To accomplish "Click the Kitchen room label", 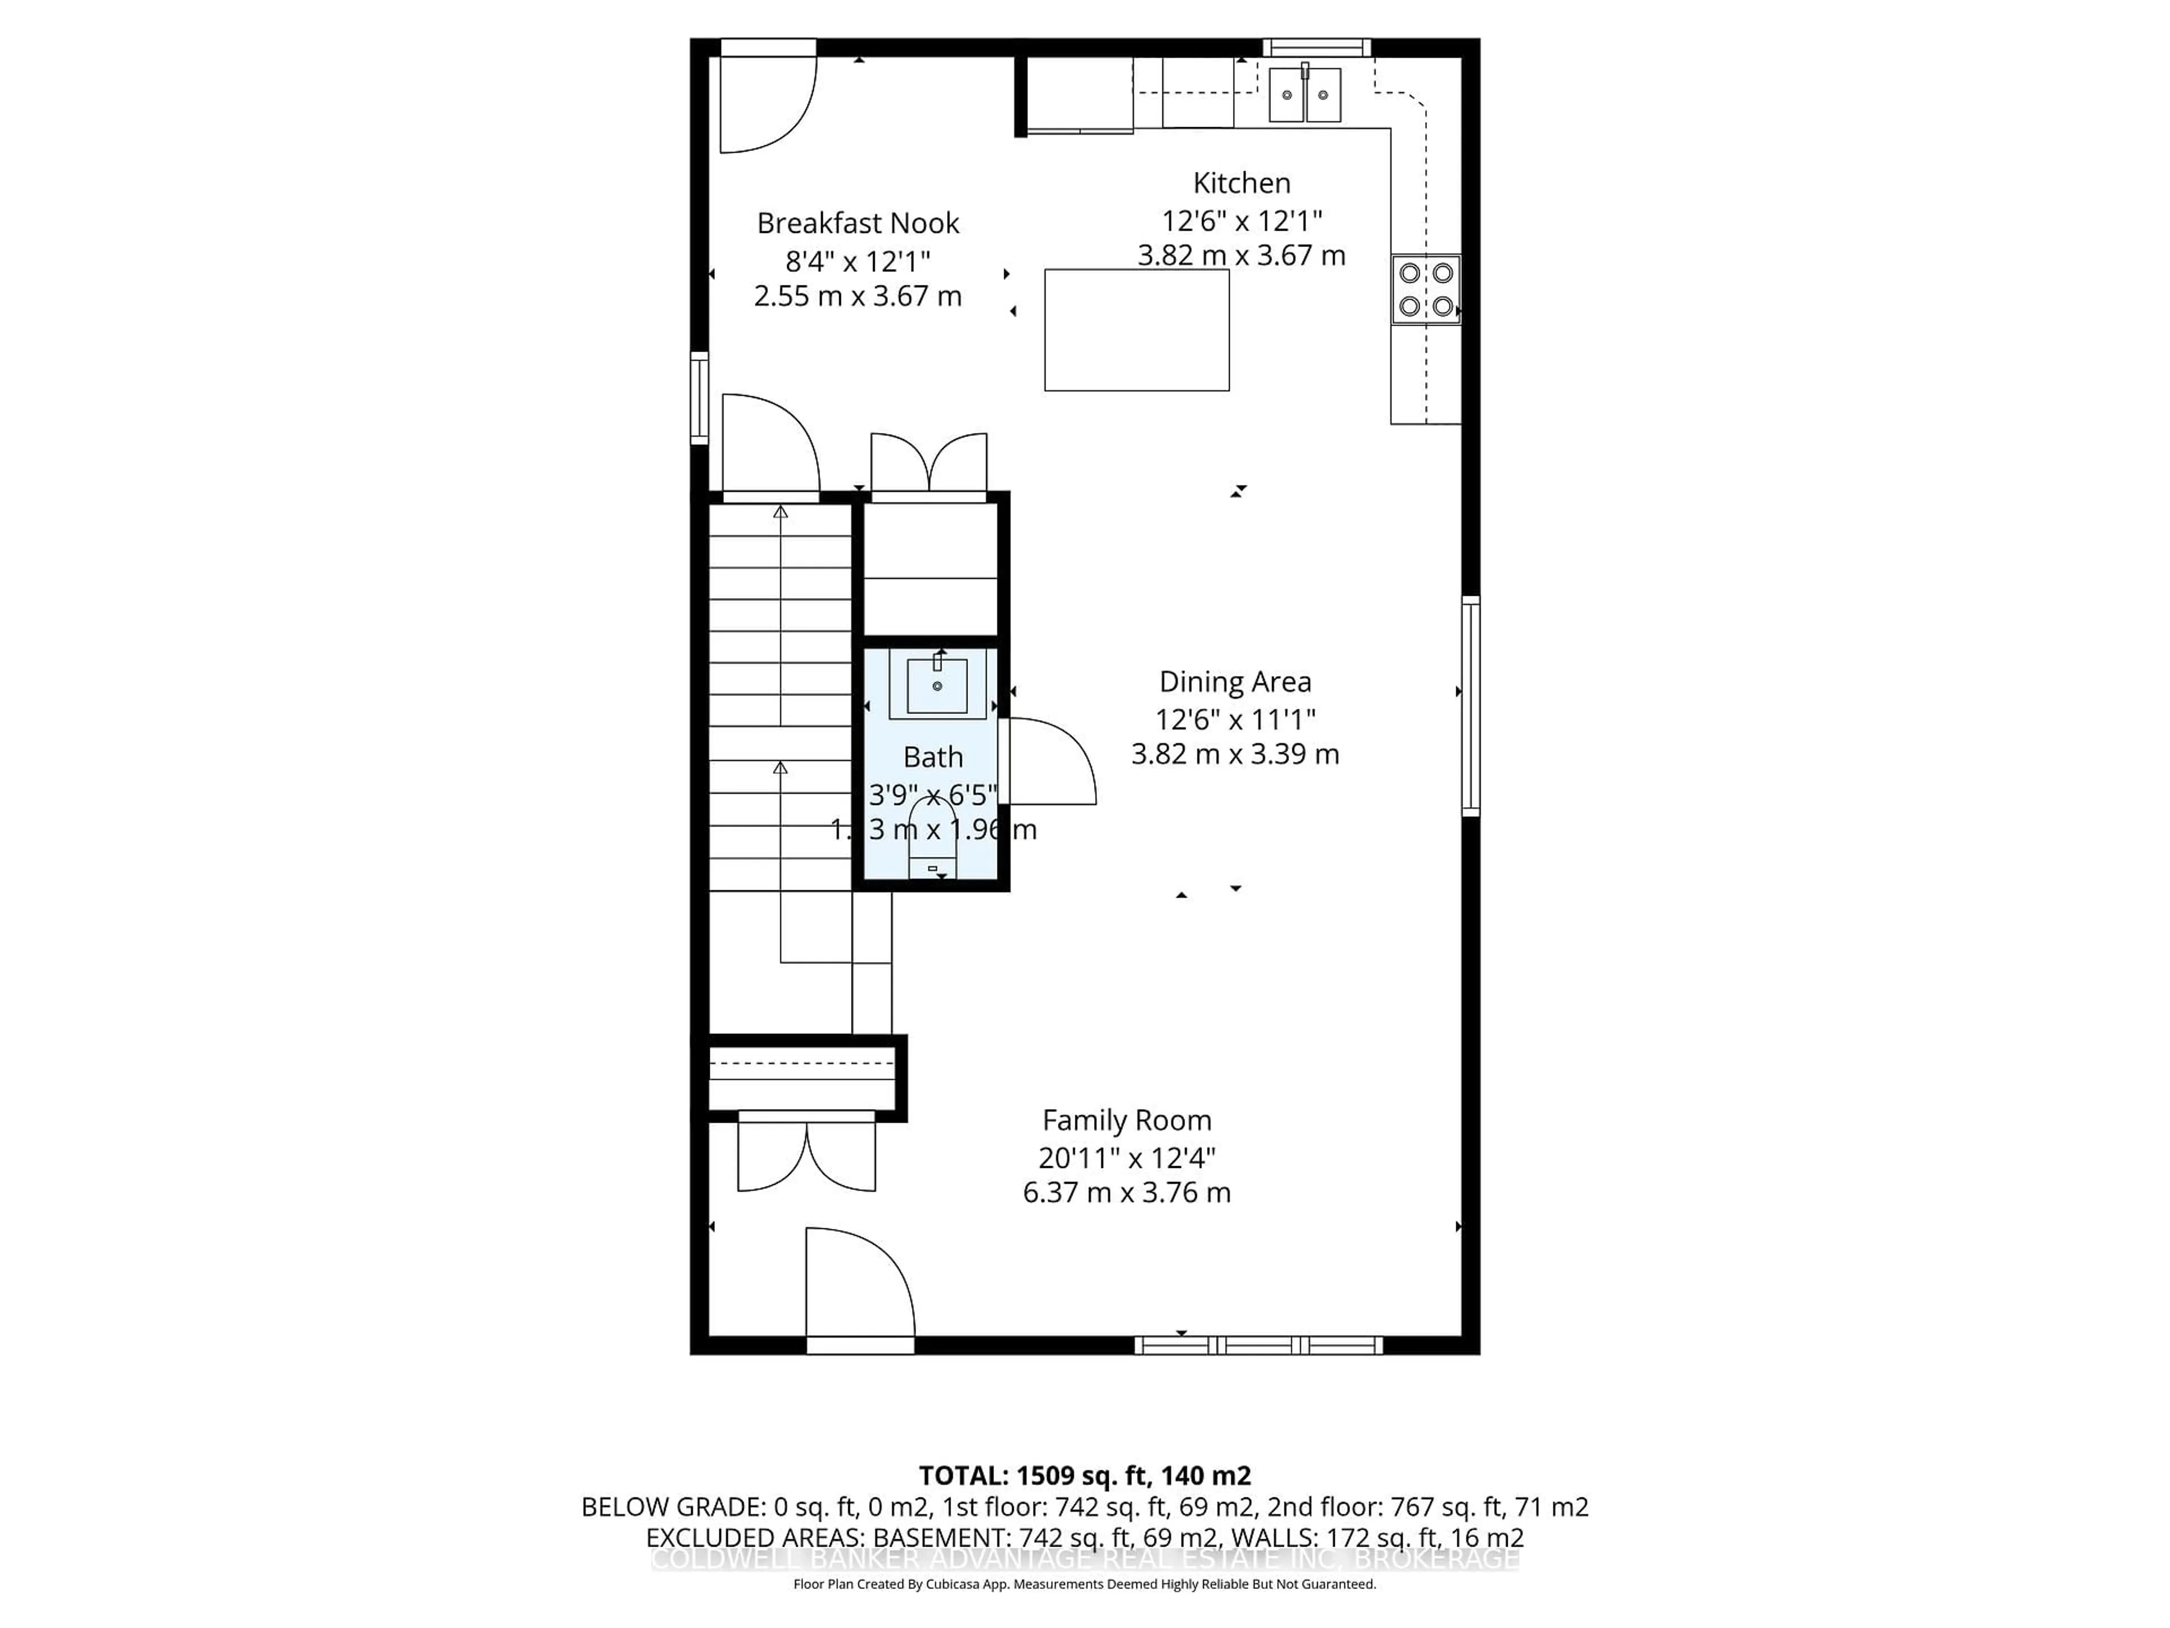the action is (x=1241, y=184).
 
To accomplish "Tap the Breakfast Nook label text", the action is (x=857, y=224).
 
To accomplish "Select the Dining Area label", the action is (x=1234, y=682).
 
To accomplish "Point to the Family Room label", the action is (x=1126, y=1120).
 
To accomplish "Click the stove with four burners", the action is (x=1425, y=289).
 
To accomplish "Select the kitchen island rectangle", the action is (x=1136, y=331).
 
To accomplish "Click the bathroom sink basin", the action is (x=937, y=686).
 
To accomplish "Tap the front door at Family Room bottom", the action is (x=860, y=1285).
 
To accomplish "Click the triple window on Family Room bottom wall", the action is (x=1258, y=1345).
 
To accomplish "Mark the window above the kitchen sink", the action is (x=1316, y=47).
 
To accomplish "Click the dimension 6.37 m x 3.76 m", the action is (x=1126, y=1193).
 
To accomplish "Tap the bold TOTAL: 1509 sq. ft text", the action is (x=1084, y=1476).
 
